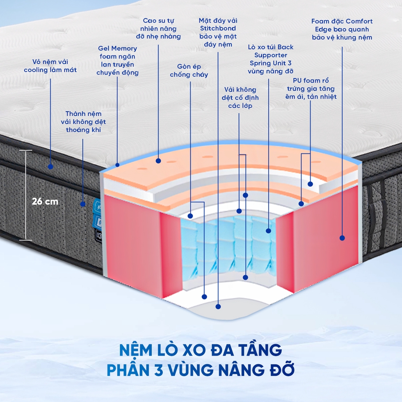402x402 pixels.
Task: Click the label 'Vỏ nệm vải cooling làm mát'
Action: point(50,66)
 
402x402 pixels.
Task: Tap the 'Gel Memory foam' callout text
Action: point(117,60)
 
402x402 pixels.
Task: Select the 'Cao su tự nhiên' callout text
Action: point(159,28)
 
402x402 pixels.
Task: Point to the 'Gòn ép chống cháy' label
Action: point(189,70)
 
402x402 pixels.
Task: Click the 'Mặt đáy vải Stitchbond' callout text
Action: point(218,32)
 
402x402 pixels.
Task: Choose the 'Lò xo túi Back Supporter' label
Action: point(270,59)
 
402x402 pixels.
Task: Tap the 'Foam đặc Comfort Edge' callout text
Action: point(342,29)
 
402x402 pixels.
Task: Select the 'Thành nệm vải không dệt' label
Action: point(83,121)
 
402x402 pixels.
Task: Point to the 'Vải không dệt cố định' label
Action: point(238,98)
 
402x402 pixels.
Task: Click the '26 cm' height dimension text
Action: point(45,201)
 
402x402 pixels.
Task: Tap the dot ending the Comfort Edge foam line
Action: point(342,237)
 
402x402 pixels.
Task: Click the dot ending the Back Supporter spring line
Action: point(269,231)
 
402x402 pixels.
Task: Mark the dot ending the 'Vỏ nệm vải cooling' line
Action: point(50,166)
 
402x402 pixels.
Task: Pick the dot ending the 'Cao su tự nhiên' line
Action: point(158,160)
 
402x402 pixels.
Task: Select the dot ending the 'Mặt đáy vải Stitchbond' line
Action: point(218,306)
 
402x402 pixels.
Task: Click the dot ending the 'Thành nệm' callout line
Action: point(83,204)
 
